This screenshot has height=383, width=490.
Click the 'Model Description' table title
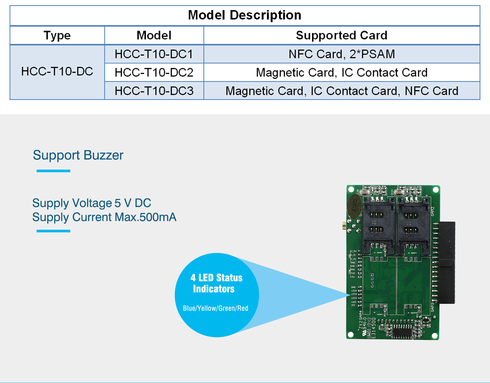[x=244, y=15]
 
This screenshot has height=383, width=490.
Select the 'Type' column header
[x=57, y=35]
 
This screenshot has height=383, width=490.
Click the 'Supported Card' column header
[x=341, y=35]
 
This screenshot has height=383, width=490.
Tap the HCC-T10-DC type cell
[x=57, y=72]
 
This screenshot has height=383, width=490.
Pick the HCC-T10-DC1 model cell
[x=154, y=54]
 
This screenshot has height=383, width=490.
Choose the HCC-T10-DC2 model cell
[x=154, y=72]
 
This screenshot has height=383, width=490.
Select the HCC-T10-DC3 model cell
[x=154, y=91]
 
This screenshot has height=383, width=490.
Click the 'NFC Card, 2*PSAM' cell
[x=342, y=54]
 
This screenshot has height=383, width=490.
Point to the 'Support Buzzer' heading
[x=78, y=155]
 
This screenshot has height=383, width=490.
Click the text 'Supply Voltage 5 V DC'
[x=91, y=203]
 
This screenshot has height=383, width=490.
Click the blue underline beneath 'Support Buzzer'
[x=53, y=171]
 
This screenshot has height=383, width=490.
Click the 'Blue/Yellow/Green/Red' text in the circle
[x=216, y=308]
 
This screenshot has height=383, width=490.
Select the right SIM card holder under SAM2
[x=412, y=225]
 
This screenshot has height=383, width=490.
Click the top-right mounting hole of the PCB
[x=435, y=190]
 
